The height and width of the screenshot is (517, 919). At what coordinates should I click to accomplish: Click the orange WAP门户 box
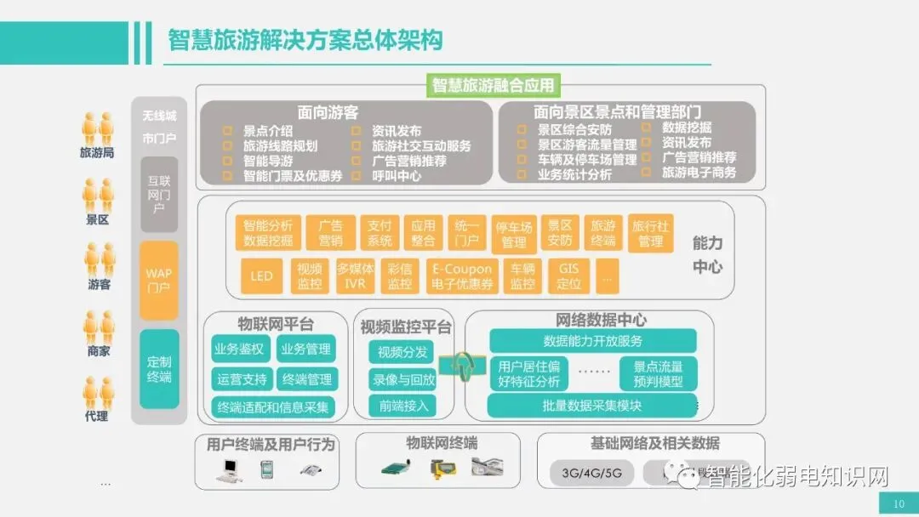[x=158, y=280]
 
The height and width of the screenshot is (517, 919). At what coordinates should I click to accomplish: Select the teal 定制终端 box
[x=158, y=369]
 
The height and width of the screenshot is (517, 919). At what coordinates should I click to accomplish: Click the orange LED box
[x=261, y=276]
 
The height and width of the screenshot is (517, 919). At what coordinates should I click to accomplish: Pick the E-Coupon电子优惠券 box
[x=462, y=276]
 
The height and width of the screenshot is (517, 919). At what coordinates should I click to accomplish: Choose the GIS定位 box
[x=568, y=276]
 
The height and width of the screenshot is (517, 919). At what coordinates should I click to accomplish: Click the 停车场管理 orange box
[x=514, y=234]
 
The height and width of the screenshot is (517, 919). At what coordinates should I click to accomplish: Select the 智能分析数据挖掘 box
[x=267, y=233]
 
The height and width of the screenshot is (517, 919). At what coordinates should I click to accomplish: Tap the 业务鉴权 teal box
[x=239, y=349]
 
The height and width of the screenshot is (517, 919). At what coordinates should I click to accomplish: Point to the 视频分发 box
[x=402, y=352]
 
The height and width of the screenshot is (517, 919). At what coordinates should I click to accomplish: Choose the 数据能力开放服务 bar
[x=592, y=341]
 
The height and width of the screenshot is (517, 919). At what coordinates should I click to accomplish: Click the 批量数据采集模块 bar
[x=592, y=406]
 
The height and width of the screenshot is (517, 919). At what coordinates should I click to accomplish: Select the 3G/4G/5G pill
[x=586, y=473]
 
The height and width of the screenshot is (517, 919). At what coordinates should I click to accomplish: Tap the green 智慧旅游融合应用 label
[x=494, y=85]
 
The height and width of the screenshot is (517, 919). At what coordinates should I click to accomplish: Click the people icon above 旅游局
[x=97, y=128]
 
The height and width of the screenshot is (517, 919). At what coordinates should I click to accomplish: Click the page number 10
[x=899, y=504]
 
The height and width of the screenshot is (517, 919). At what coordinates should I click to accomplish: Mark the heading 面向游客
[x=328, y=111]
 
